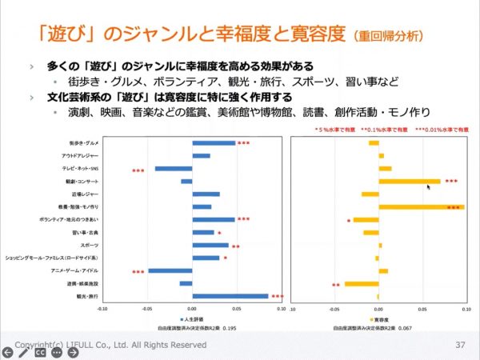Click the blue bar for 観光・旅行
[x=230, y=296]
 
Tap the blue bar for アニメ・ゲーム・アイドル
[x=170, y=270]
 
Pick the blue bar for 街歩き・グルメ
[x=214, y=143]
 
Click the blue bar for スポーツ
[x=210, y=245]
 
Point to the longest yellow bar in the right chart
[x=422, y=206]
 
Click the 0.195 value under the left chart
[x=230, y=328]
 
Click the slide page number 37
[x=459, y=345]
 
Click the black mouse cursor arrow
[x=429, y=188]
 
